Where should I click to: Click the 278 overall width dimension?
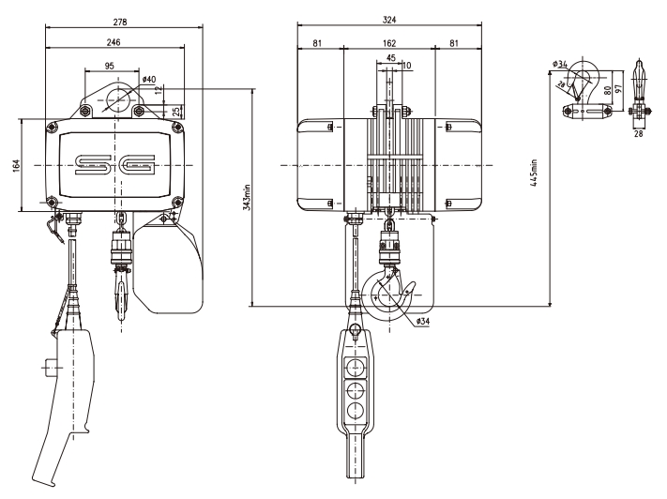coord(119,20)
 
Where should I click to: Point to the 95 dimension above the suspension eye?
coord(110,66)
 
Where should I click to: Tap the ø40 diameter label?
coord(150,81)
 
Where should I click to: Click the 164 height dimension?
coord(31,165)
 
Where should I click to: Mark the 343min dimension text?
coord(246,197)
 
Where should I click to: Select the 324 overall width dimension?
coord(388,20)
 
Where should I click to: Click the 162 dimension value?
coord(388,43)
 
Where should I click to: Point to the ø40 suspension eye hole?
coord(115,102)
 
